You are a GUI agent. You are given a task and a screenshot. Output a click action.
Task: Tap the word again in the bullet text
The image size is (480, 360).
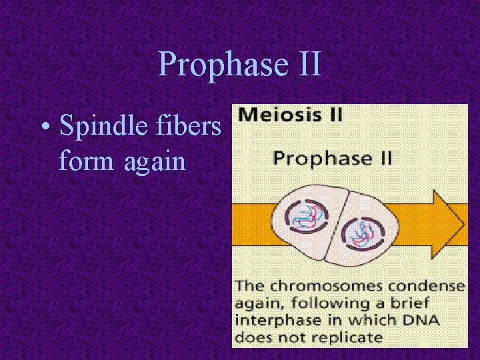point(154,162)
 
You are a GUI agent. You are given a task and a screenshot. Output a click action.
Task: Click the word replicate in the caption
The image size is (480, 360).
point(350,337)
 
